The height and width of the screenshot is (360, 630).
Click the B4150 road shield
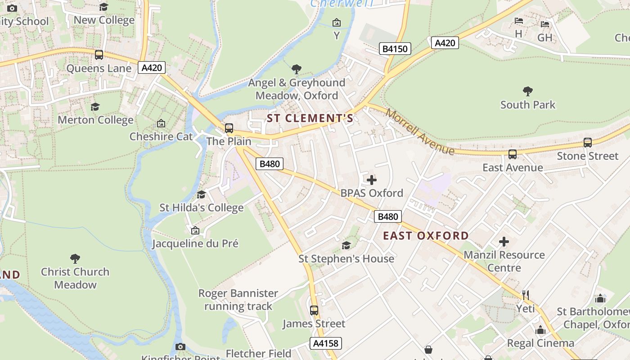[x=395, y=49]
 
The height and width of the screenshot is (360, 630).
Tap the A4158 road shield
[x=326, y=343]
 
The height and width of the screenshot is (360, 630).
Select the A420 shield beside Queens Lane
[x=152, y=68]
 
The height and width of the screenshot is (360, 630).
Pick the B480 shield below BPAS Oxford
[x=387, y=216]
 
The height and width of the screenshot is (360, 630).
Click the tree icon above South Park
[x=528, y=92]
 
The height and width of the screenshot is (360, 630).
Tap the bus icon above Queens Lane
[x=99, y=55]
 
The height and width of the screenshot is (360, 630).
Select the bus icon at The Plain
[x=229, y=128]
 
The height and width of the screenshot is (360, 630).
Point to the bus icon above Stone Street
[x=587, y=143]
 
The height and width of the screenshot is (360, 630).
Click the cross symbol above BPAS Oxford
[x=372, y=180]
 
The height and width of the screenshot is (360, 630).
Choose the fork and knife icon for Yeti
[x=525, y=295]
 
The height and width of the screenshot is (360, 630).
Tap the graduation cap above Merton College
[x=95, y=107]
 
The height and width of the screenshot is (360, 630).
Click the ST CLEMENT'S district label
[x=310, y=118]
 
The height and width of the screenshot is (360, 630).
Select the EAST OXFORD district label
[x=426, y=236]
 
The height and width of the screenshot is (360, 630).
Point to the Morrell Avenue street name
[x=420, y=133]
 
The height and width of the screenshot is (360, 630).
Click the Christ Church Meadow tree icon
[x=75, y=259]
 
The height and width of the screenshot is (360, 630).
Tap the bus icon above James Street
[x=314, y=310]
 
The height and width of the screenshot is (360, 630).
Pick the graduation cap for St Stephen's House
[x=346, y=245]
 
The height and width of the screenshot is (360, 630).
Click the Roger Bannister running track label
[x=238, y=300]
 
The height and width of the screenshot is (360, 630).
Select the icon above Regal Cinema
[x=540, y=330]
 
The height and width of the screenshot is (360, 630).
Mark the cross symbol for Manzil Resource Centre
[x=504, y=242]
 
